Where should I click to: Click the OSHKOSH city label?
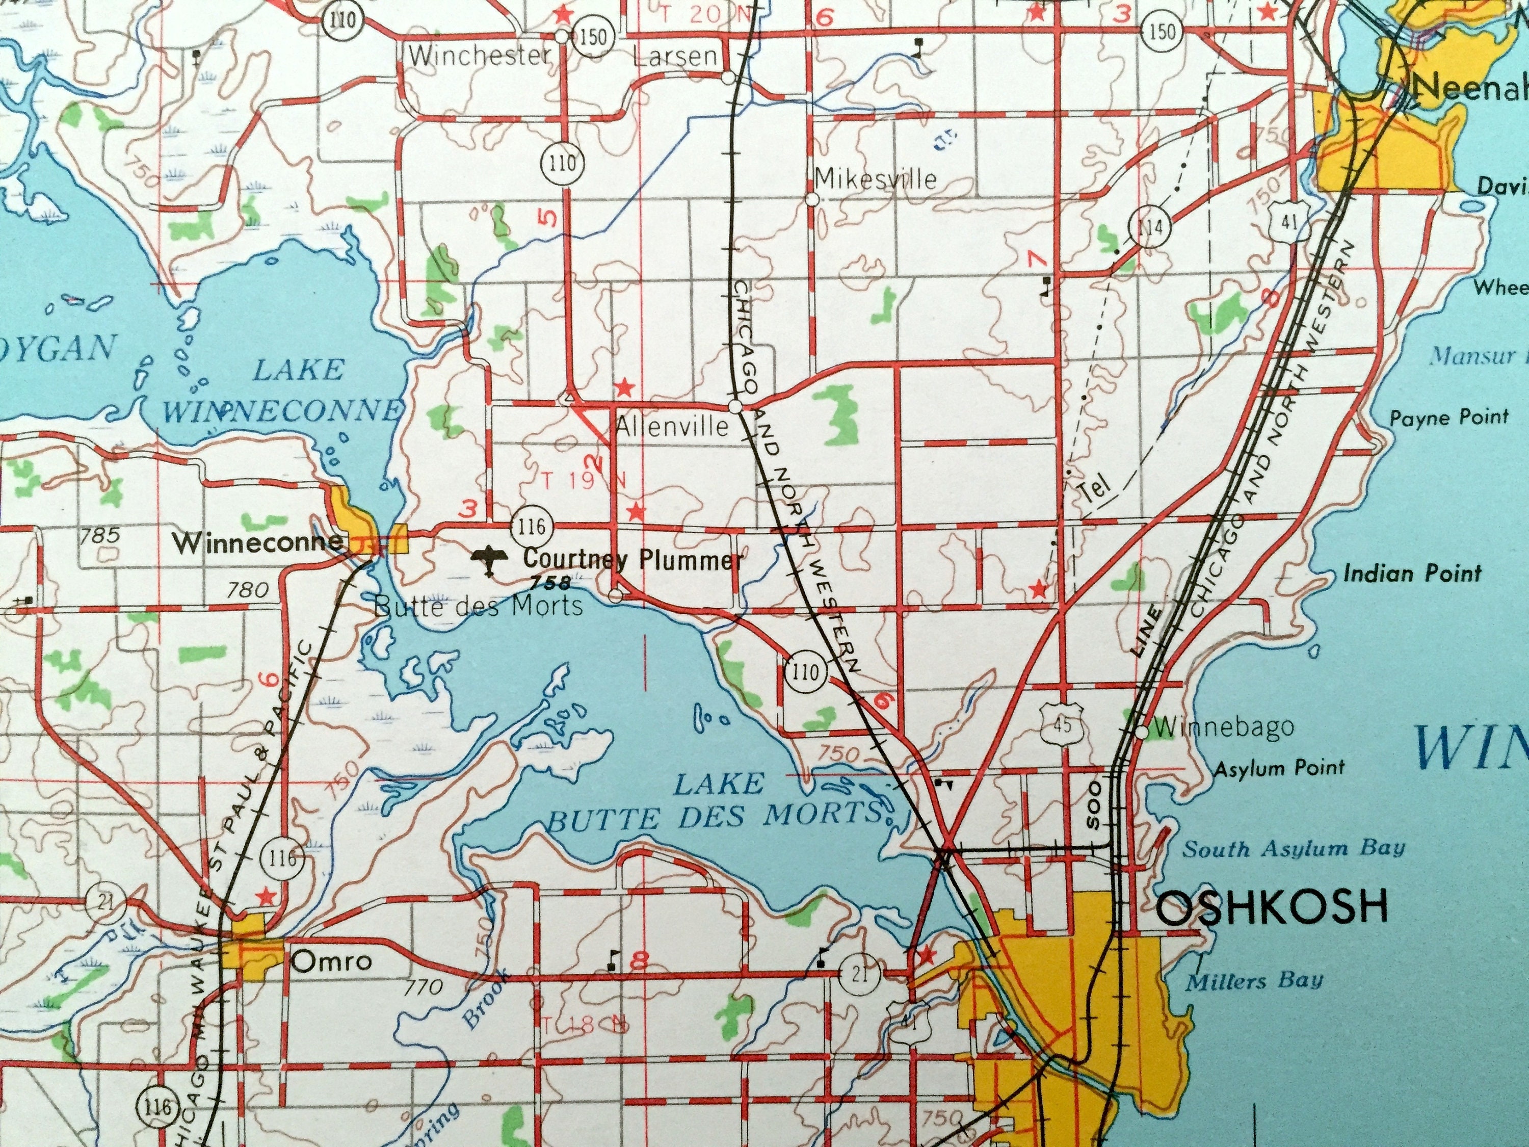click(1271, 908)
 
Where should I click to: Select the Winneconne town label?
click(258, 543)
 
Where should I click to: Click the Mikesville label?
click(876, 179)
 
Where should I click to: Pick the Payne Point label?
click(1449, 417)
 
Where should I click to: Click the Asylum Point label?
click(1279, 767)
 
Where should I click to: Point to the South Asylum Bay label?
click(1294, 848)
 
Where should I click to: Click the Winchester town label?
click(479, 55)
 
